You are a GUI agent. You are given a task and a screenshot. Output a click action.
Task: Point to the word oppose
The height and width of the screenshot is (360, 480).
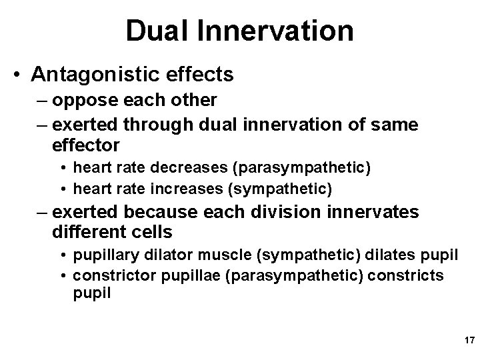click(79, 100)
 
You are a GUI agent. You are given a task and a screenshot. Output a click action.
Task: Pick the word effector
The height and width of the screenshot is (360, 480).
click(85, 144)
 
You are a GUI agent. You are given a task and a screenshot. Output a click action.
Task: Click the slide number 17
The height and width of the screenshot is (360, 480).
click(467, 340)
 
